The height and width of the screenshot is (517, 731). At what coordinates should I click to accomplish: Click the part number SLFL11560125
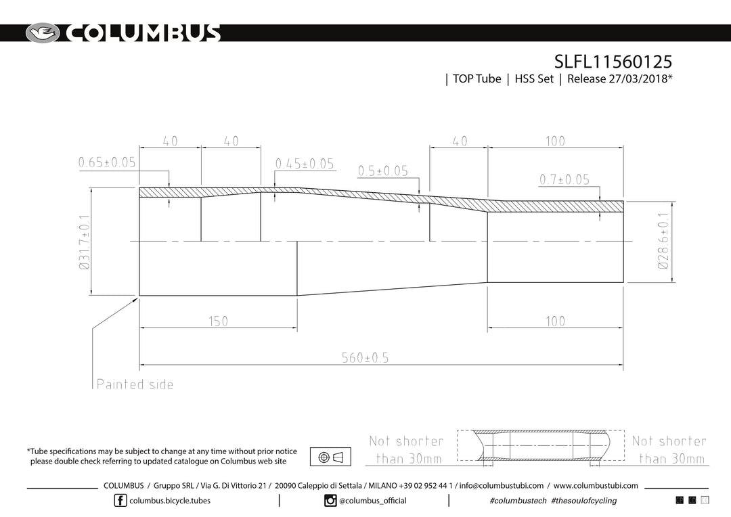coord(613,61)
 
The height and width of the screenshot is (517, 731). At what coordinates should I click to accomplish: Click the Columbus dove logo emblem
coord(43,33)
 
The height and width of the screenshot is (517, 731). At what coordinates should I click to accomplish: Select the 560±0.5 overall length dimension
coord(365,357)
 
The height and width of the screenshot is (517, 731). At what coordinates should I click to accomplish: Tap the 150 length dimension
coord(218,321)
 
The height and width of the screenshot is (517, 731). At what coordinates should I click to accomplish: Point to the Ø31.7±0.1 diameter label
coord(85,242)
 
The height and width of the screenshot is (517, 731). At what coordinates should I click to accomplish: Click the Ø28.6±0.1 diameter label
coord(663,240)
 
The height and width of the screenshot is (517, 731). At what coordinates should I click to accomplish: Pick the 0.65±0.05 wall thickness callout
coord(107,162)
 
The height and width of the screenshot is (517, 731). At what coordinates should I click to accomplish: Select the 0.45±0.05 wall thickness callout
coord(305,164)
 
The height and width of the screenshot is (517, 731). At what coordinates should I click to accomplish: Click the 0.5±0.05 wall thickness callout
coord(382,171)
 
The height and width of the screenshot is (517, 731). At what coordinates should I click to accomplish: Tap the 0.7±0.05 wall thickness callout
coord(564,179)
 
